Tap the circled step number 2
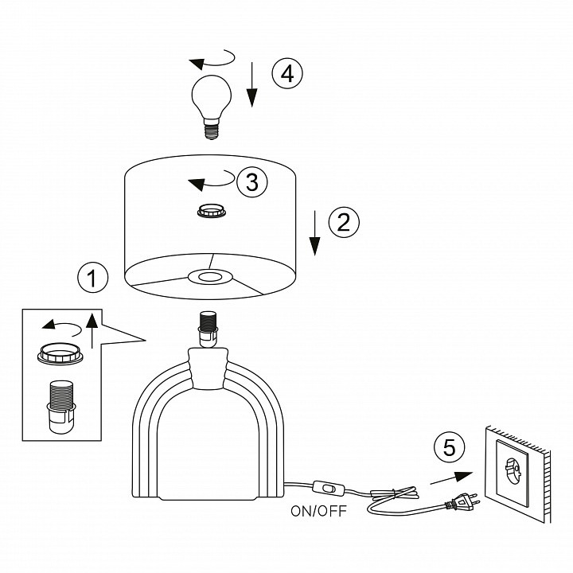(343, 222)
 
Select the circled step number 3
(251, 182)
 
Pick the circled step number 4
(287, 73)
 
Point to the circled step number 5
(450, 448)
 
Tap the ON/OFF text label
(318, 511)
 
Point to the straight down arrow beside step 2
(316, 232)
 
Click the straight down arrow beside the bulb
(252, 86)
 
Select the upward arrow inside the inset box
(92, 330)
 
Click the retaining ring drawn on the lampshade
(212, 212)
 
